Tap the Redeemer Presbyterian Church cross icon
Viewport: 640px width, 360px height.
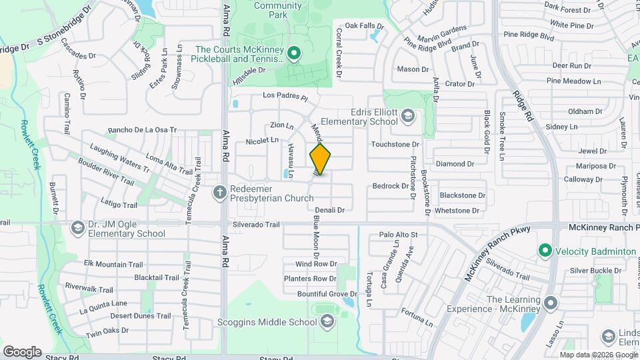click(x=219, y=193)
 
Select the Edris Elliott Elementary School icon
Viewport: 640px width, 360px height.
click(x=407, y=117)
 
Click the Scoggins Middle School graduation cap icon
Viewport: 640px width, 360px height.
click(x=327, y=322)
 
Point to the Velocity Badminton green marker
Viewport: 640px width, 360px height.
click(x=545, y=251)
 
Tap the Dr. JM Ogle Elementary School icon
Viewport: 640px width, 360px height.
click(x=77, y=229)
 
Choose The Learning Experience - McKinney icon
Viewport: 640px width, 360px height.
click(x=551, y=304)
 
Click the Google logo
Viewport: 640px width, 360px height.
click(x=22, y=351)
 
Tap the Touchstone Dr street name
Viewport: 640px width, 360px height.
click(x=395, y=144)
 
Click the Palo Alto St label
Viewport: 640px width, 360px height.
click(x=398, y=235)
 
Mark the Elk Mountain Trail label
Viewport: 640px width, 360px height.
click(x=113, y=265)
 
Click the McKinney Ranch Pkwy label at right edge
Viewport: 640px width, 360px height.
click(x=603, y=228)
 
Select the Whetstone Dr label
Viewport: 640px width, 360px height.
click(x=457, y=211)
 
